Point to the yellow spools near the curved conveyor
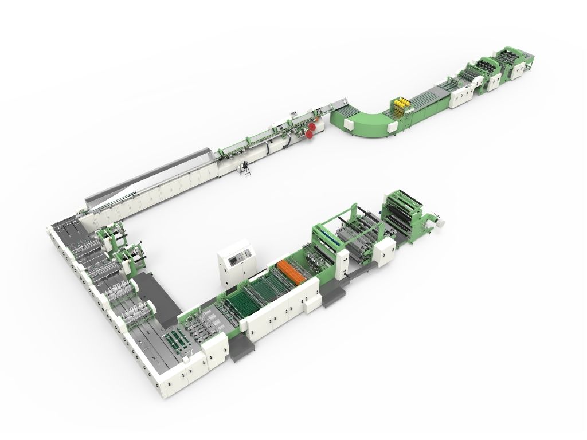point(402,103)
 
